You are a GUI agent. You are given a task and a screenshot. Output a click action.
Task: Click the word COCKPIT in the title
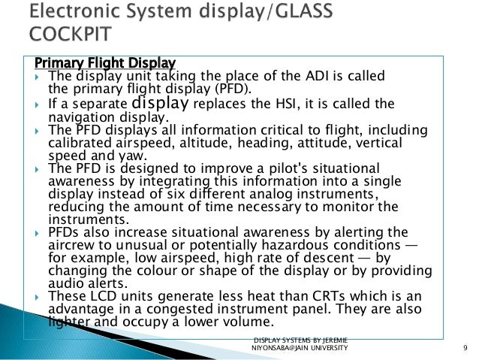(x=71, y=35)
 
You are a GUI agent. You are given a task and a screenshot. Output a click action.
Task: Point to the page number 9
(x=466, y=346)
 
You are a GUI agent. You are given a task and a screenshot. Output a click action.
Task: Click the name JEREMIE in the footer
(x=333, y=341)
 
